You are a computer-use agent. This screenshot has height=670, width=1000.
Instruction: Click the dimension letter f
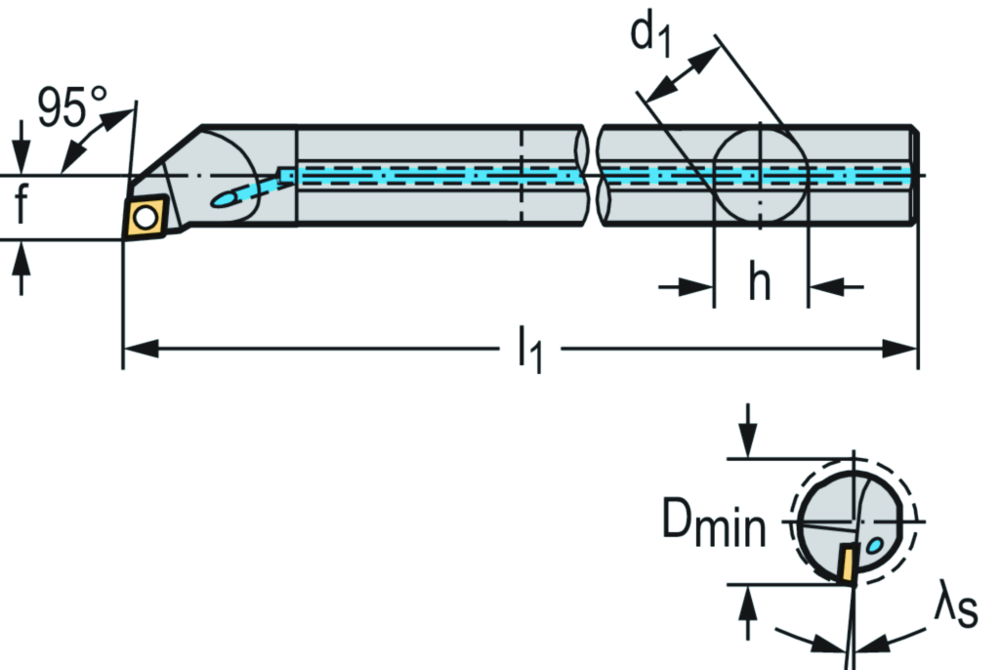tap(21, 206)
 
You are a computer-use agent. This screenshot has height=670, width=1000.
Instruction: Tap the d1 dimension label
tap(651, 34)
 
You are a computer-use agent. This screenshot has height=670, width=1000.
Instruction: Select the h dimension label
tap(760, 284)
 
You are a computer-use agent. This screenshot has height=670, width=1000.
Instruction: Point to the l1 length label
tap(528, 351)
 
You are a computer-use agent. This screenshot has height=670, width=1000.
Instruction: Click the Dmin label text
tap(714, 524)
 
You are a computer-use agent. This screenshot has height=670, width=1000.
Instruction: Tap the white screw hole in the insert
tap(146, 217)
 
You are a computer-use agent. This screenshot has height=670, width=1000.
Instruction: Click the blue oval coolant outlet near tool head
tap(227, 198)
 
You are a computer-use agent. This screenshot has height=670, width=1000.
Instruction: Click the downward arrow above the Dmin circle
tap(748, 430)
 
